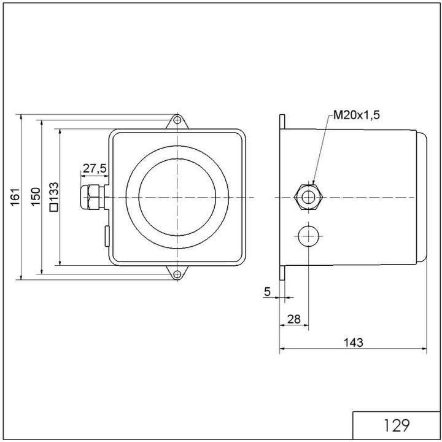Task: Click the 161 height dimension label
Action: point(15,196)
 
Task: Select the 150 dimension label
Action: point(36,196)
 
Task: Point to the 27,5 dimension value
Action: point(95,168)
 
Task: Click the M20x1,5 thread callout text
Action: point(357,115)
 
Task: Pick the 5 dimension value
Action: point(267,292)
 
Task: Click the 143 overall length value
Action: point(353,342)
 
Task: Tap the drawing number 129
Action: point(396,425)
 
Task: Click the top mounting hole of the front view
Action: point(177,120)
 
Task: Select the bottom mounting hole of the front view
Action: point(177,274)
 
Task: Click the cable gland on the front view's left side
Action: point(91,197)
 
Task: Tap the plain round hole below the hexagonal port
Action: point(308,235)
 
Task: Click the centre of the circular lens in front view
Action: point(177,197)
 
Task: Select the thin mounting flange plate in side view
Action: point(282,197)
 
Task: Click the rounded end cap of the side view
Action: point(422,197)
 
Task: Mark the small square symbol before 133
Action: point(54,207)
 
